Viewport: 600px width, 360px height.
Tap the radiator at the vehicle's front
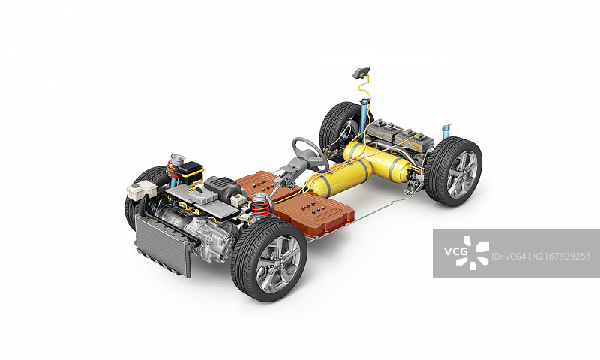click(x=162, y=245)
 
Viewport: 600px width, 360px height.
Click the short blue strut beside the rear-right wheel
click(x=445, y=132)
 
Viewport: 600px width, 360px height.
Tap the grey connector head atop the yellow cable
click(x=361, y=72)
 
